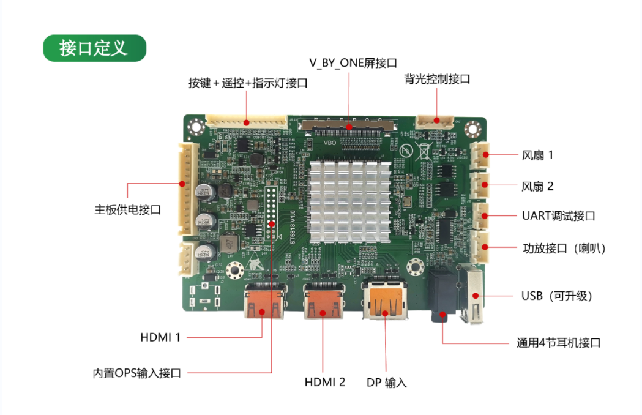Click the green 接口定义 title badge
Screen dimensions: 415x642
point(94,48)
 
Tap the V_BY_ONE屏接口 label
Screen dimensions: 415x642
point(353,63)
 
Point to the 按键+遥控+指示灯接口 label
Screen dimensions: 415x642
point(247,83)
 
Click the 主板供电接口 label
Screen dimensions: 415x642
point(127,210)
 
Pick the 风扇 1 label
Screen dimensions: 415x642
point(537,155)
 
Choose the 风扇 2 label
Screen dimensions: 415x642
point(537,185)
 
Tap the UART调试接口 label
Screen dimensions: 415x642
point(558,215)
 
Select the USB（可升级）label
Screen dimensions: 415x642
point(556,296)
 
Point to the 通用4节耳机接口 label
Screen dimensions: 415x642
point(558,343)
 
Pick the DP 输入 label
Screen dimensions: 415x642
point(387,383)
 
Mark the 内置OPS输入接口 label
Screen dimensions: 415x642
point(137,373)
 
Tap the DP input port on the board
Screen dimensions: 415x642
point(385,301)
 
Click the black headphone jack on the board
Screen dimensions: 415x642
point(442,297)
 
